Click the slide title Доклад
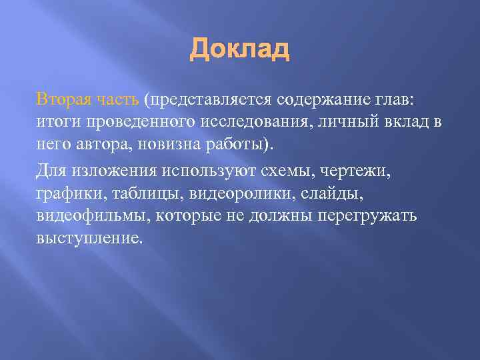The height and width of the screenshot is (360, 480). [x=240, y=49]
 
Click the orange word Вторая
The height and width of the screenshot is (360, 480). [x=62, y=100]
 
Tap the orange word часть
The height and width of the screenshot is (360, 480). [x=116, y=100]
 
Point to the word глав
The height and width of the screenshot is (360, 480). [x=396, y=100]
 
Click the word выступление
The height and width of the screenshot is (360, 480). [x=89, y=238]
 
